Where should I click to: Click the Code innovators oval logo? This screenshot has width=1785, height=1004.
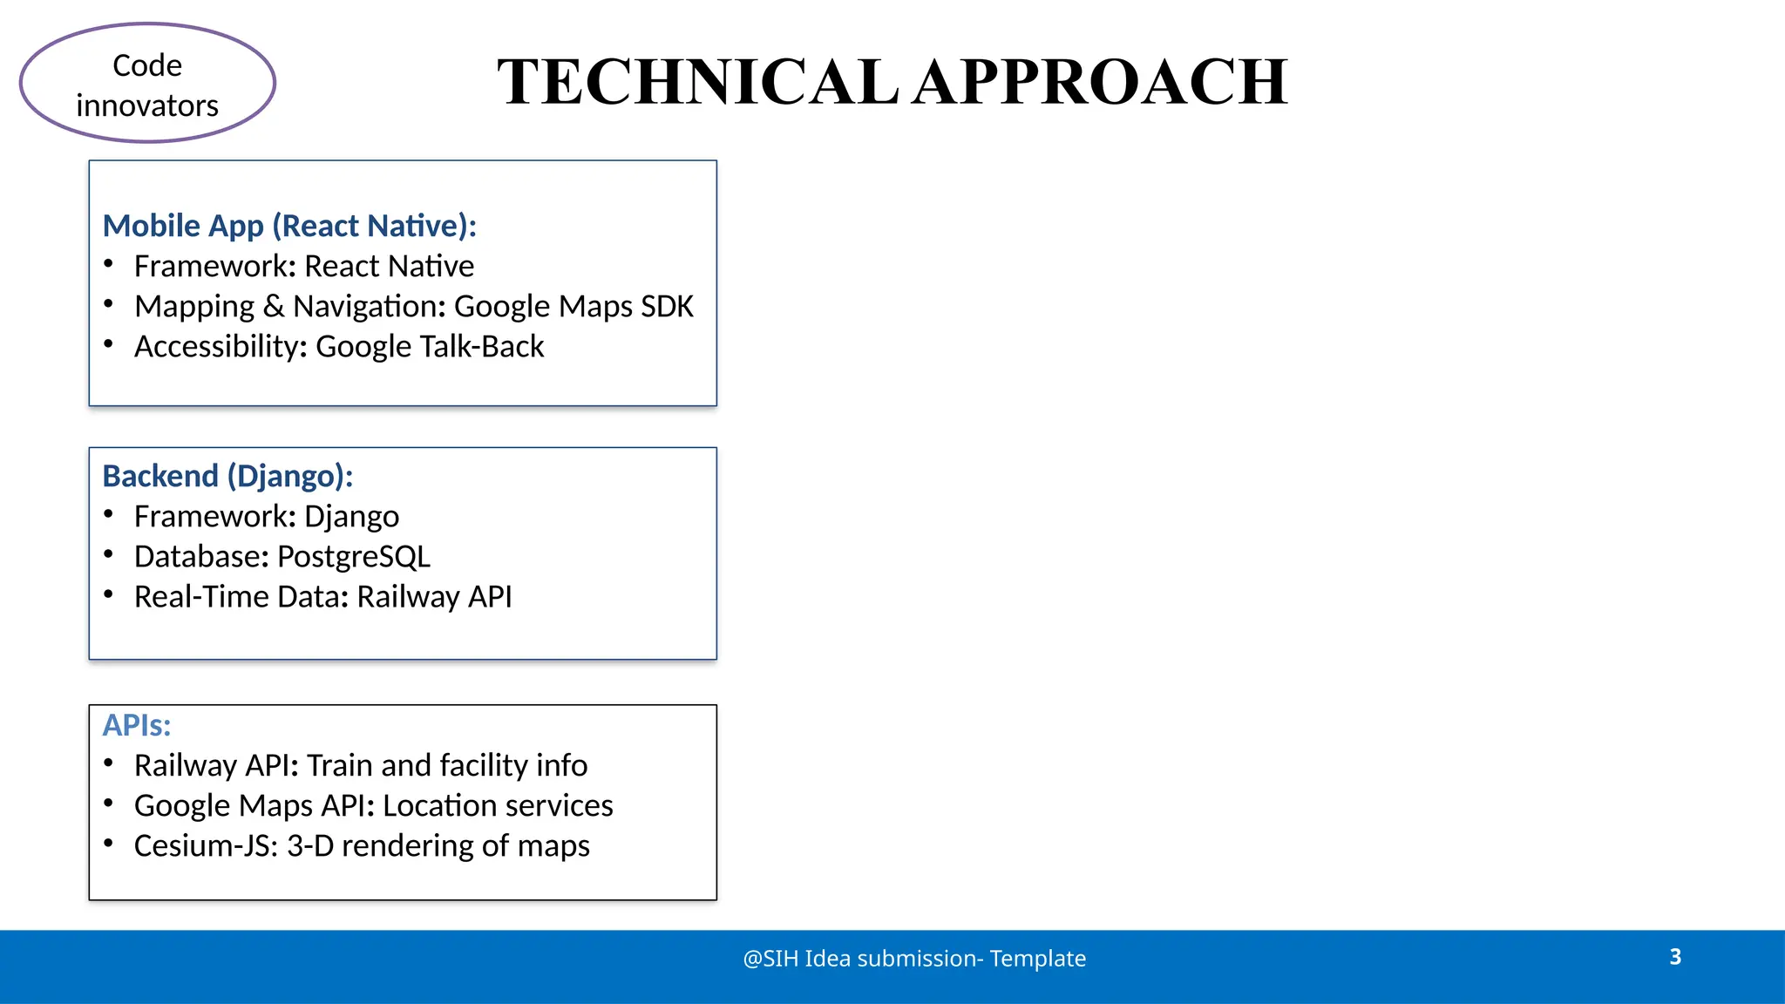[147, 84]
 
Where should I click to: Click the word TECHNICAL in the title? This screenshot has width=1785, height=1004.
[697, 82]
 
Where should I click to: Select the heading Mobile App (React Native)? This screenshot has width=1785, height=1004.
[289, 226]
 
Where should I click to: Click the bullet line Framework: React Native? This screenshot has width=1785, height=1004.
[303, 266]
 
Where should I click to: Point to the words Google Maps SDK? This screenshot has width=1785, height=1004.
[574, 306]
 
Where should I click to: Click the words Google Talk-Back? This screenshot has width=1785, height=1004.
[430, 346]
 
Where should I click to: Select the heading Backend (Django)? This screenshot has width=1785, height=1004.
[227, 476]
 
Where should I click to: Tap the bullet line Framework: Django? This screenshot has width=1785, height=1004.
[266, 516]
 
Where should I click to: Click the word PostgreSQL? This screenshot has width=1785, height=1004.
[354, 556]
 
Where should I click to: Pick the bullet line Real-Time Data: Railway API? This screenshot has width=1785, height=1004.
[322, 596]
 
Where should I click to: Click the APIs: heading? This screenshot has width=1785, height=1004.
[137, 725]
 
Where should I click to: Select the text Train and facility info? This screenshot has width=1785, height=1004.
[447, 765]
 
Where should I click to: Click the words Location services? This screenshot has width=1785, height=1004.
[498, 805]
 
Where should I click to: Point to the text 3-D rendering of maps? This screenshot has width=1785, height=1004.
[438, 845]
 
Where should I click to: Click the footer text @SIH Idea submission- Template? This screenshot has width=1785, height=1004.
[914, 959]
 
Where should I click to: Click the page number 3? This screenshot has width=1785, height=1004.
[1675, 957]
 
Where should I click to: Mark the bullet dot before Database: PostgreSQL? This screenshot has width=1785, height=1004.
[108, 553]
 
